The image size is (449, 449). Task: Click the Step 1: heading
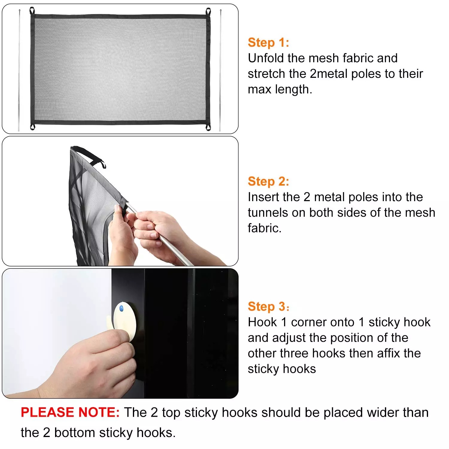pos(268,43)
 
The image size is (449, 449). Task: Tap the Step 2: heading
pos(268,181)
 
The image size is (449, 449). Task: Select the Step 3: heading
pos(268,307)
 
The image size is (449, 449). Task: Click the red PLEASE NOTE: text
pos(70,412)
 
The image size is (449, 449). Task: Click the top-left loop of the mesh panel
pos(32,11)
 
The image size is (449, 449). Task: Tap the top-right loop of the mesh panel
pos(208,12)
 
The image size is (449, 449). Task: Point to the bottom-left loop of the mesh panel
pos(32,127)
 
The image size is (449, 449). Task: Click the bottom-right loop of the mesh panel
pos(208,127)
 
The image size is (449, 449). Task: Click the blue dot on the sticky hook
pos(121,308)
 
